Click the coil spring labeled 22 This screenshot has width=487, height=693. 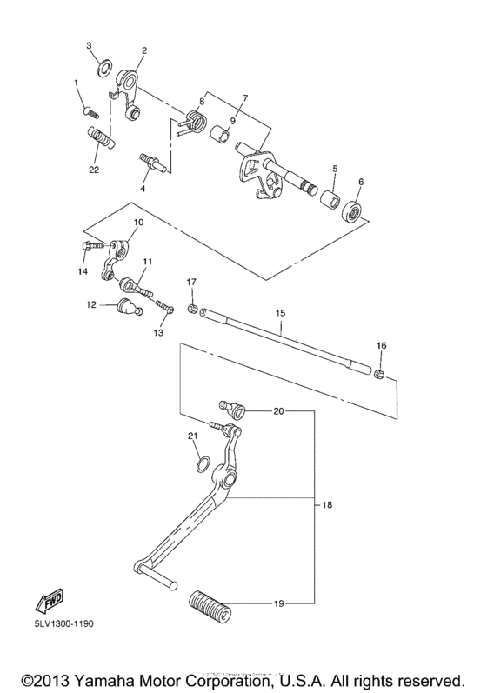(101, 137)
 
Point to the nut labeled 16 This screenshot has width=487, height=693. (379, 374)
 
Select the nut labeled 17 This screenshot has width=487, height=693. (191, 310)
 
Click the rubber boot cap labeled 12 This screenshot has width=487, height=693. (128, 307)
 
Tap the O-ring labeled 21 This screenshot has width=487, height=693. (200, 464)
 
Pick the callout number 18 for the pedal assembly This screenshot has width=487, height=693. (328, 504)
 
